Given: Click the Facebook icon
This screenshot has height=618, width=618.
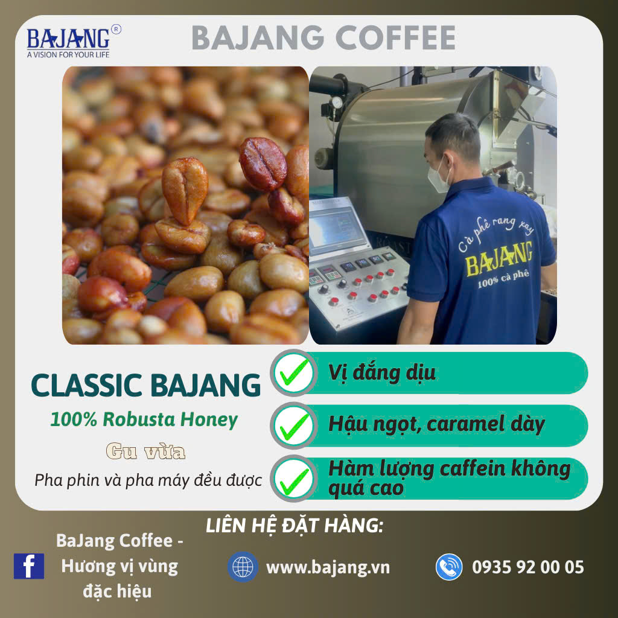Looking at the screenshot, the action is pos(29,566).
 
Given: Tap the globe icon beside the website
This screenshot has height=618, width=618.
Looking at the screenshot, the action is pos(243,567).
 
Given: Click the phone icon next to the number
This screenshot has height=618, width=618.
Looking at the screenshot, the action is pos(449,567).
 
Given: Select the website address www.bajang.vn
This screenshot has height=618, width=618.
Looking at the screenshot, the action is pos(328,567).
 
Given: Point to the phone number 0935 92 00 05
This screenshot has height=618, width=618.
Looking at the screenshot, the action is pos(527,567).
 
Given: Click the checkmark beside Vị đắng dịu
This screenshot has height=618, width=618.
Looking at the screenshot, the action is pos(294,372).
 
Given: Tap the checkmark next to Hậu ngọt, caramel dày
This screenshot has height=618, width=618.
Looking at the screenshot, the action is pos(294,425).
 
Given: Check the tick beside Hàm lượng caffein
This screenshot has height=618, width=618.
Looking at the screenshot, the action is pos(294,479).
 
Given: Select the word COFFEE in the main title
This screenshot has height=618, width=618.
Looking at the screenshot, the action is pos(395,38).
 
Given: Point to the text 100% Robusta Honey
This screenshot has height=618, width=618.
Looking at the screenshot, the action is pos(144,419).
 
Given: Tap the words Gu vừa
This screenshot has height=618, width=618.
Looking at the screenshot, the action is pos(145,451).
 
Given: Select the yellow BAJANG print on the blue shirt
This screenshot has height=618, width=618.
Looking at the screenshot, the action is pos(499,258).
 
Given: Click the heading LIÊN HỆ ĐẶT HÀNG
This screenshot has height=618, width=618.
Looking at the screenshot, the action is pos(295,526).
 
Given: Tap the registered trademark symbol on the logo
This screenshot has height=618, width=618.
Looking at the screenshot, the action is pos(116,29).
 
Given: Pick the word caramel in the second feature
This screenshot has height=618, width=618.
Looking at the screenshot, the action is pos(465,424).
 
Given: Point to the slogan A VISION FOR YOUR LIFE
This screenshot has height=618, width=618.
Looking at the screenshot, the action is pos(68,55).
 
